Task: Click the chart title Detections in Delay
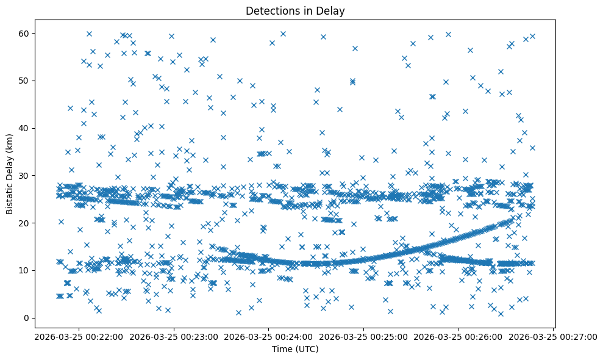coord(294,10)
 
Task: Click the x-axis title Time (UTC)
coord(294,349)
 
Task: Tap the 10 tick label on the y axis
coord(25,270)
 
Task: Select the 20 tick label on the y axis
coord(25,223)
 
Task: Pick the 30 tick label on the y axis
coord(25,175)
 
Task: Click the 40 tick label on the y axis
coord(25,128)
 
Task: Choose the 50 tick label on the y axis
coord(25,81)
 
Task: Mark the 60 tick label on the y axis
coord(25,33)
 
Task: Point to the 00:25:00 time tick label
coord(363,336)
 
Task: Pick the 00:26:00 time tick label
coord(458,336)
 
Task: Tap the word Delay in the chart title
coord(331,10)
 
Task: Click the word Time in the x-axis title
coord(282,349)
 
